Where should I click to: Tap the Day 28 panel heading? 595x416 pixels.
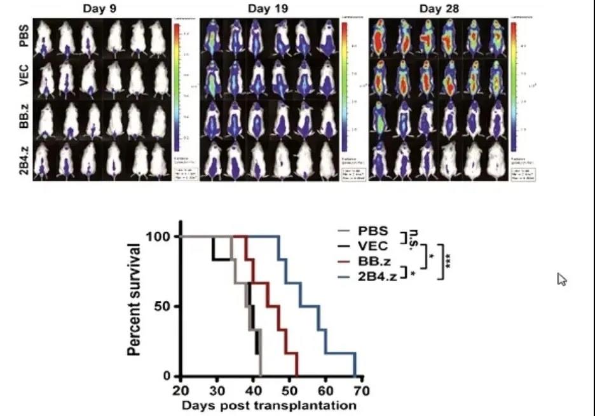coord(439,9)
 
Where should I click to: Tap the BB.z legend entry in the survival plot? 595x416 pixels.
coord(373,261)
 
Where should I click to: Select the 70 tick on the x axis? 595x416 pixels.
coord(362,390)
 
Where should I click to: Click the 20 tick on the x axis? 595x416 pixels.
coord(181,390)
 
